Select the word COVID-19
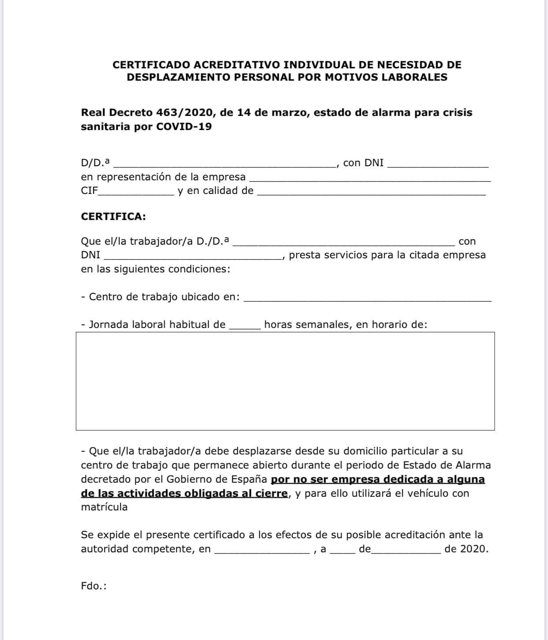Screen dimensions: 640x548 click(184, 127)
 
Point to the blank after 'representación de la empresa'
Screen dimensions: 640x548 click(370, 179)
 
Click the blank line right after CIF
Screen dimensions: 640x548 click(137, 193)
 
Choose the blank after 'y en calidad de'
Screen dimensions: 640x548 click(371, 193)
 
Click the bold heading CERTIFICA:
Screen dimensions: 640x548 click(113, 216)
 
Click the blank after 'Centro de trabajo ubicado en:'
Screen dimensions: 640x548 click(367, 299)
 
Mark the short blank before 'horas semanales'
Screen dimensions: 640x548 click(245, 327)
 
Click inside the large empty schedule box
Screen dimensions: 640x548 click(285, 381)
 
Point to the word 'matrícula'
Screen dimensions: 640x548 click(104, 507)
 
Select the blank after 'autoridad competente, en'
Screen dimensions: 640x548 click(261, 551)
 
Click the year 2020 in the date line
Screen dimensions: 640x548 click(473, 549)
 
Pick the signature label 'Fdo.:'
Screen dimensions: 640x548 click(94, 586)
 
